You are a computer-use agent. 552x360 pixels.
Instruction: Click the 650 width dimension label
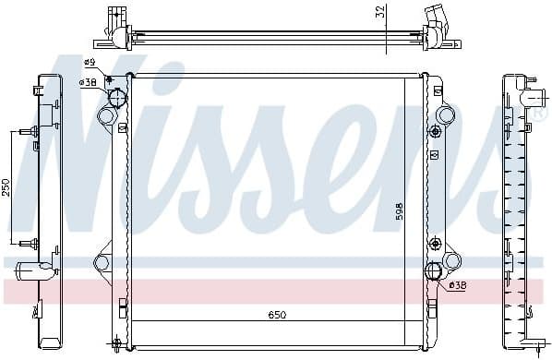click(276, 316)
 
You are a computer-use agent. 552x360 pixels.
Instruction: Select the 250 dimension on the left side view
click(7, 189)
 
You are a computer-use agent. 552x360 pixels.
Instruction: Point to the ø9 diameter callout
click(90, 62)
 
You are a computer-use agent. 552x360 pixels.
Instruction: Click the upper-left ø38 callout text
click(89, 82)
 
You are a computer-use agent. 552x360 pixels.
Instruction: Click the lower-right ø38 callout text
click(458, 285)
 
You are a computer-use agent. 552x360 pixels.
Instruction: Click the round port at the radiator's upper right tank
click(446, 115)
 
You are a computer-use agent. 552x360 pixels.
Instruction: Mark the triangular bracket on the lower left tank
click(102, 259)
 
